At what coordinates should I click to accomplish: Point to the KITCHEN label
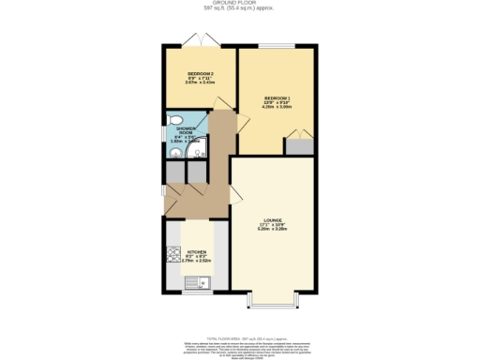(x=196, y=254)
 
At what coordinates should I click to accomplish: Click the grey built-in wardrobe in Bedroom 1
(x=299, y=145)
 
